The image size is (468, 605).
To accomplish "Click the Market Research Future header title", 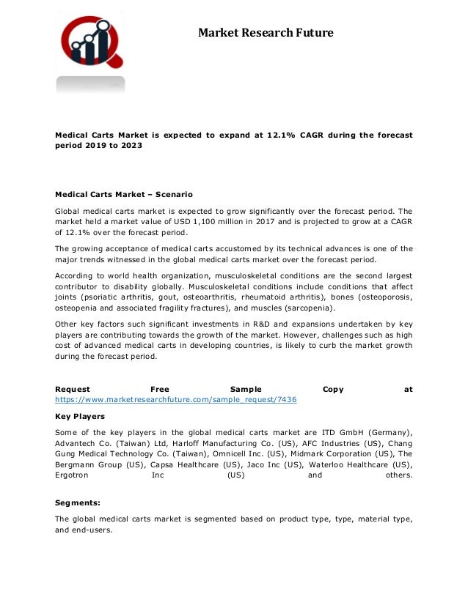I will [266, 33].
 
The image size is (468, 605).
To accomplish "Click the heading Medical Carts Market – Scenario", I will [124, 195].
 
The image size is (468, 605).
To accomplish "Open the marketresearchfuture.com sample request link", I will [176, 401].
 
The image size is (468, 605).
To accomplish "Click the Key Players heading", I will [80, 416].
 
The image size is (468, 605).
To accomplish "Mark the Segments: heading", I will [79, 503].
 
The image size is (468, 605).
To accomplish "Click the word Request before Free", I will [73, 390].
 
